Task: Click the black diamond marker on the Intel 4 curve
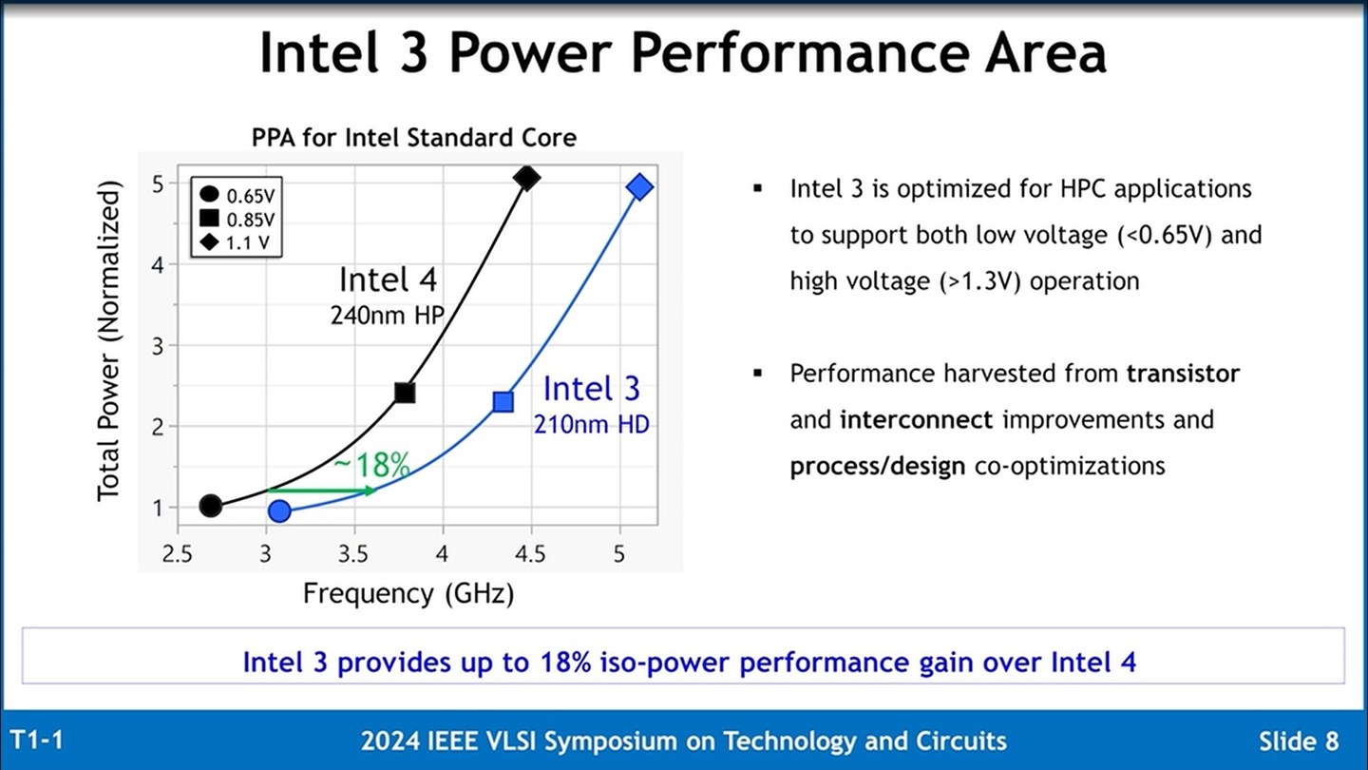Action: click(x=526, y=178)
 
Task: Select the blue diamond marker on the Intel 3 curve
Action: click(x=640, y=187)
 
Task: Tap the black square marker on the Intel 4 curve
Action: click(x=405, y=393)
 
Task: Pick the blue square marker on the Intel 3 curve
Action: click(x=503, y=402)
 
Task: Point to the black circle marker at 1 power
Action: click(x=211, y=506)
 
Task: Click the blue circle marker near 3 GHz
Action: click(x=279, y=511)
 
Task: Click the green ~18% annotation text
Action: click(x=371, y=465)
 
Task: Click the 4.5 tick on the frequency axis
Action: click(x=530, y=554)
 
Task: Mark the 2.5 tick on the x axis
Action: click(x=177, y=554)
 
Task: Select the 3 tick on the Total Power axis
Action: click(x=159, y=346)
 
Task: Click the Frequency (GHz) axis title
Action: click(x=408, y=594)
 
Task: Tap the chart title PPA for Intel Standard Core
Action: click(x=414, y=138)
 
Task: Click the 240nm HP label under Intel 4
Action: click(x=387, y=316)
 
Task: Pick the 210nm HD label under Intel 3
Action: click(x=592, y=424)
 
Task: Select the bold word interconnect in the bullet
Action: click(x=916, y=419)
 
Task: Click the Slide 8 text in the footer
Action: click(x=1299, y=741)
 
